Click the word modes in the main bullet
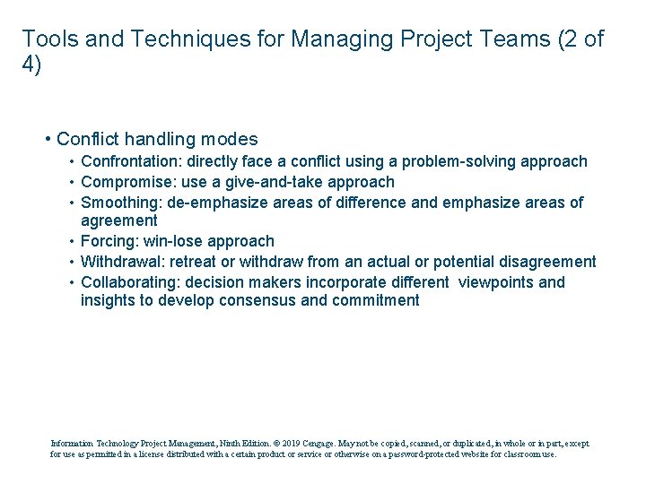pos(229,139)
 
